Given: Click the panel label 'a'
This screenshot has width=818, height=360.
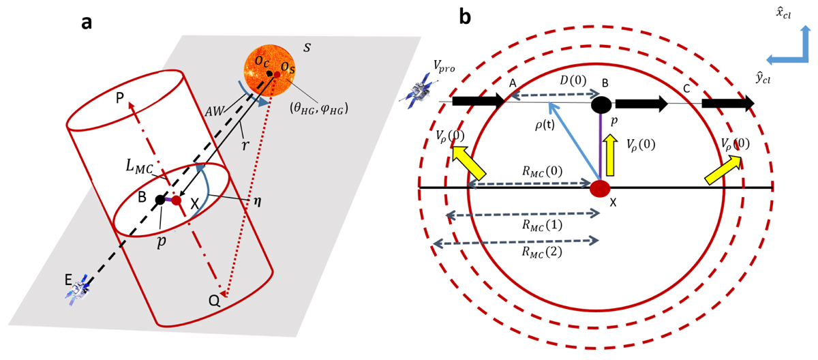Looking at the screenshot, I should [87, 22].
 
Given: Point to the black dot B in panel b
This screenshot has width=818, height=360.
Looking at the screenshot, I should [601, 104].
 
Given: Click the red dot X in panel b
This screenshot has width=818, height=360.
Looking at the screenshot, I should [599, 187].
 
